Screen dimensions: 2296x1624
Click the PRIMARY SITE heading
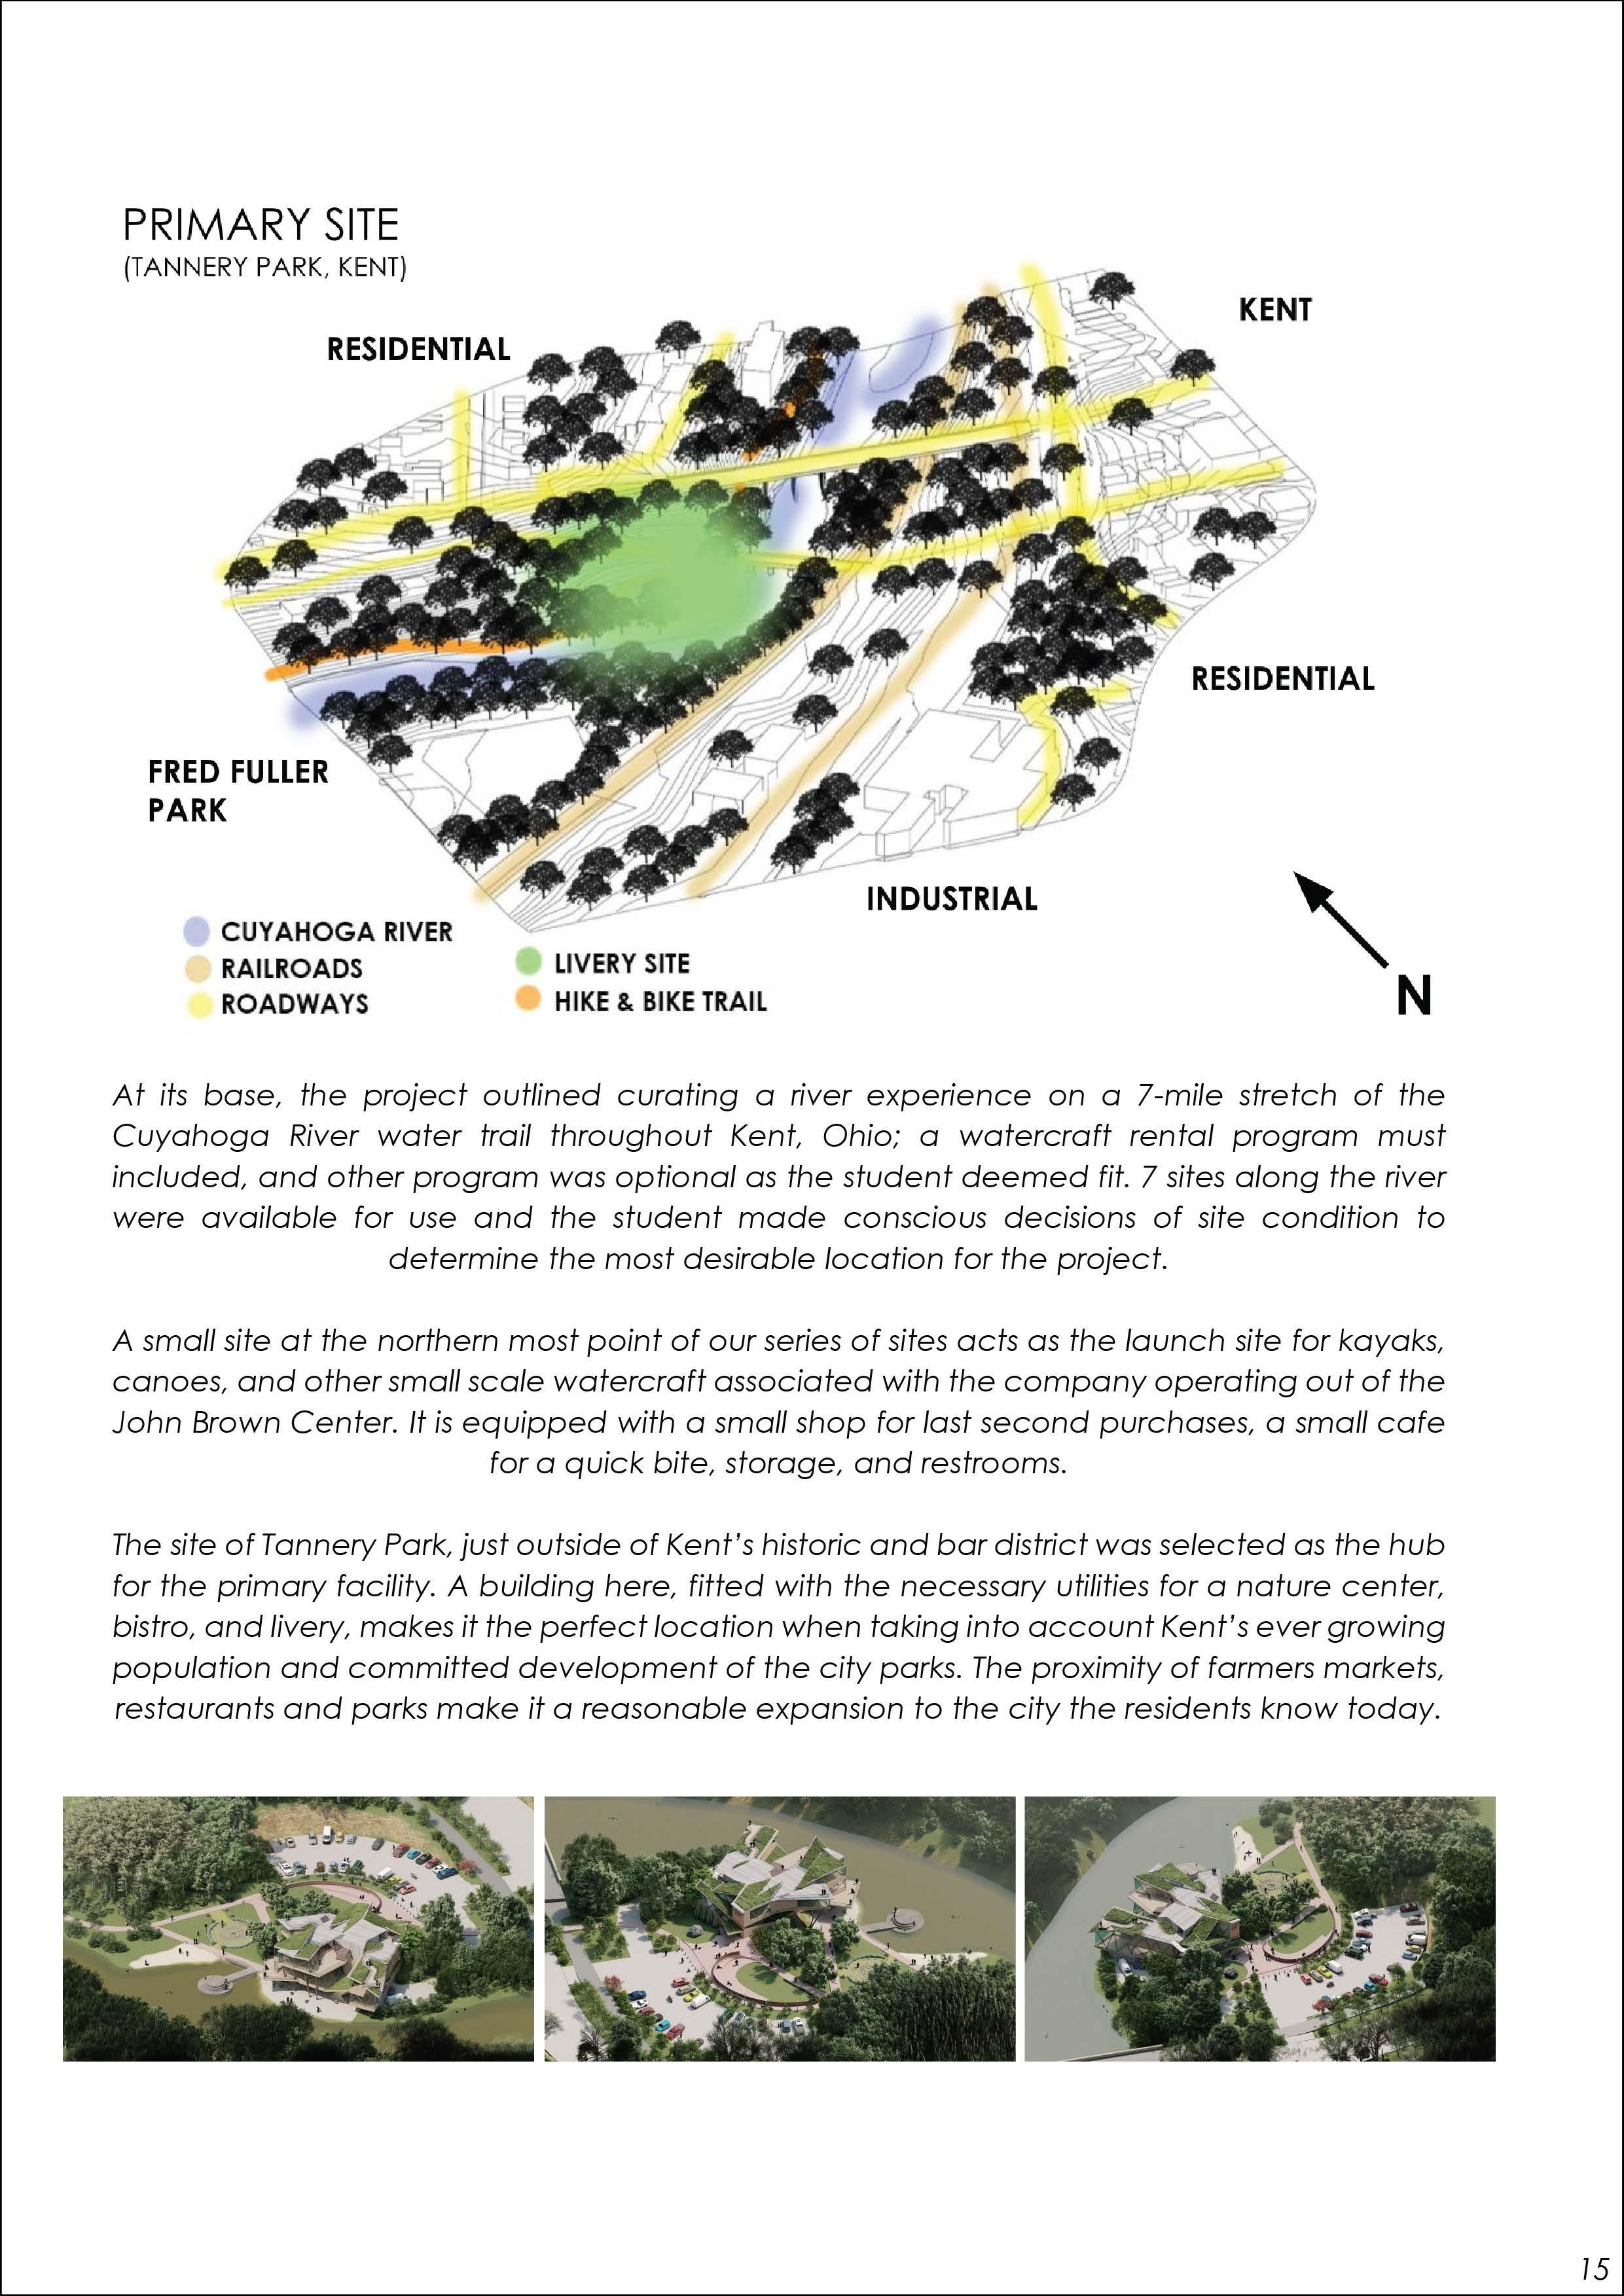point(260,226)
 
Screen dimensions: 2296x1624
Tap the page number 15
point(1594,2266)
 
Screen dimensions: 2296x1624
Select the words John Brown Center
point(254,1422)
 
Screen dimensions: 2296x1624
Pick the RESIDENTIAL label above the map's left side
point(418,349)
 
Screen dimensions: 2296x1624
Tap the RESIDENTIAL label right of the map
point(1282,679)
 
